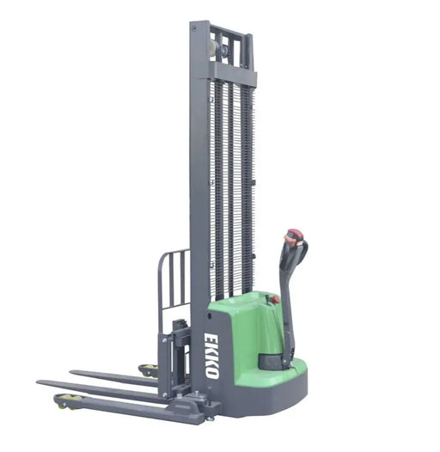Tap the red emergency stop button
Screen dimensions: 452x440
276,300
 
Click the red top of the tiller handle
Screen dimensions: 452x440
295,235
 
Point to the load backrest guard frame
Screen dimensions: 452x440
173,279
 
